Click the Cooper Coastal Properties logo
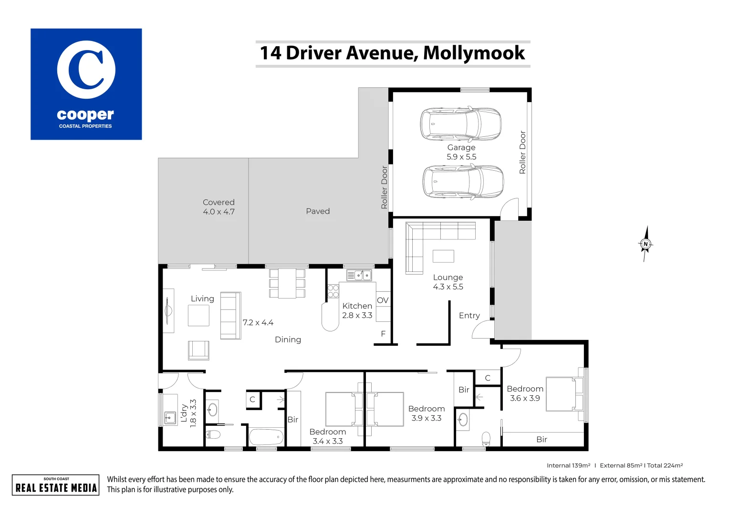(x=86, y=84)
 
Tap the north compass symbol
(x=646, y=244)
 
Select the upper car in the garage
(x=460, y=123)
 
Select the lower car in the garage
(x=463, y=182)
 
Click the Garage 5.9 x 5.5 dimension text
(x=461, y=157)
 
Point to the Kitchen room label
(x=357, y=306)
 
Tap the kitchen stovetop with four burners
(x=333, y=291)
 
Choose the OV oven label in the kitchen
(x=383, y=300)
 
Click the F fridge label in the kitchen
(x=383, y=334)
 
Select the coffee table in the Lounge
(x=443, y=256)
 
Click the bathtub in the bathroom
(x=266, y=437)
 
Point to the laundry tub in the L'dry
(x=170, y=418)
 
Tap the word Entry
(x=469, y=316)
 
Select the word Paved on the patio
(x=318, y=211)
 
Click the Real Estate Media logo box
(x=56, y=485)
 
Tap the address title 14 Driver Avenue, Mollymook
(x=392, y=53)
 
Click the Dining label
(x=288, y=340)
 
